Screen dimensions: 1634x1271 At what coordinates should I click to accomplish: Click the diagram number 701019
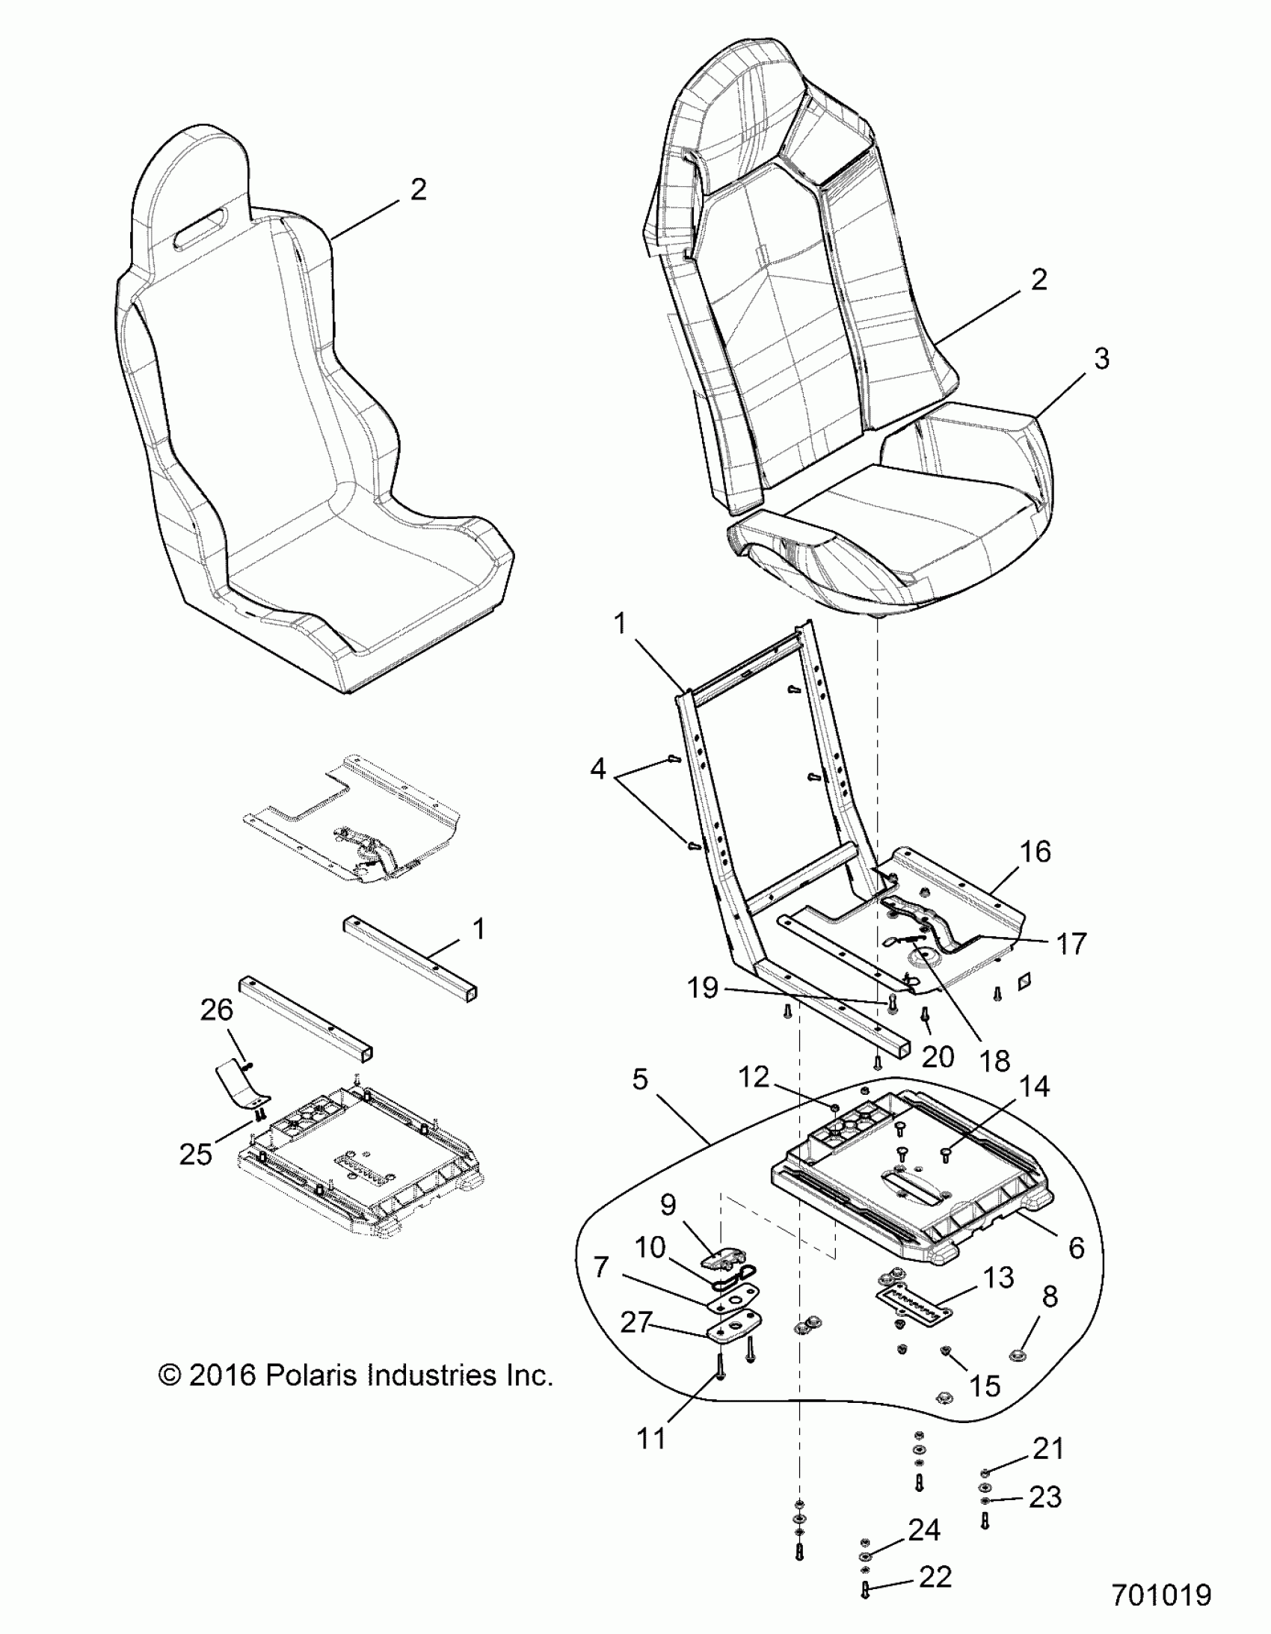(1161, 1594)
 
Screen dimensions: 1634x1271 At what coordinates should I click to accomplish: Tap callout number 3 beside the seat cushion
(1101, 358)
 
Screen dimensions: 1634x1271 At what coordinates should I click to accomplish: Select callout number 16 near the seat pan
(1035, 852)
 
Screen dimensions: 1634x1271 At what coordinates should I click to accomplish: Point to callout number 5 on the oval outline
(640, 1080)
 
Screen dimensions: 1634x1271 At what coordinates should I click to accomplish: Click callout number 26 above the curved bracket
(216, 1010)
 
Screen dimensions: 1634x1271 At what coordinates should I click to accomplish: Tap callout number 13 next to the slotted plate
(998, 1278)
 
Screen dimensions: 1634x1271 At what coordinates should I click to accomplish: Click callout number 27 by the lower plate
(637, 1323)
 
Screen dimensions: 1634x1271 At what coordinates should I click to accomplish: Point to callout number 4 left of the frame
(597, 768)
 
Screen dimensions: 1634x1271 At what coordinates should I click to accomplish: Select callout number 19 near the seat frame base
(704, 989)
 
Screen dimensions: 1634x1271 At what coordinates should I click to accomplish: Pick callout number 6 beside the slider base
(1076, 1248)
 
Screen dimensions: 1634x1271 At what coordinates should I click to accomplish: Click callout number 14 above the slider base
(1034, 1087)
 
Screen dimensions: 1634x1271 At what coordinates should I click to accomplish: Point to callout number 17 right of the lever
(1071, 945)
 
